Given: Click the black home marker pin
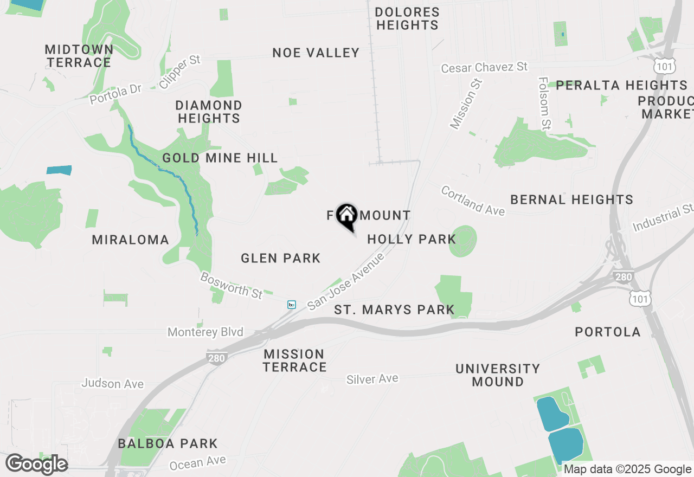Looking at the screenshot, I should pos(346,217).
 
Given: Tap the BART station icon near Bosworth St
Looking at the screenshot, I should pos(292,305).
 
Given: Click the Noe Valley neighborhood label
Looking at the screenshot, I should pos(316,53).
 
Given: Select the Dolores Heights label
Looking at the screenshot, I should pos(407,18).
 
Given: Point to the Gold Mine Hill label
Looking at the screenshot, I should pos(220,158).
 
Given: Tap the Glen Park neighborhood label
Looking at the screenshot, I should pos(281,258).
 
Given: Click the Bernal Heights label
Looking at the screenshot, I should pos(572,199).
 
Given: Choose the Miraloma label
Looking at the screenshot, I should pos(131,240).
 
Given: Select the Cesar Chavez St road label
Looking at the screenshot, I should pos(484,67).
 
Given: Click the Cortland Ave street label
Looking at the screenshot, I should pos(473,201).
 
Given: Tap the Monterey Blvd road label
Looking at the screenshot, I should pos(205,332).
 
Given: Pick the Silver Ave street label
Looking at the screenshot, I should pos(372,379).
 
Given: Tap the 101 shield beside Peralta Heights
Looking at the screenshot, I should pos(664,66).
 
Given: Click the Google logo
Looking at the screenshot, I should pos(36,465).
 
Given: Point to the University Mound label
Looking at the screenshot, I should pos(498,375).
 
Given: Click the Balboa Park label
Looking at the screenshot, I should pos(168,443).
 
